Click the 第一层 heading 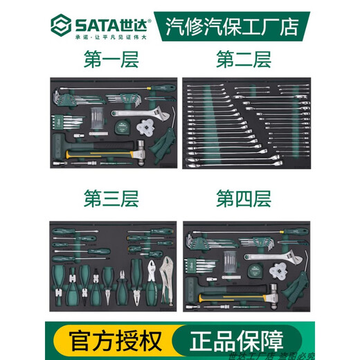pyautogui.click(x=110, y=60)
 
